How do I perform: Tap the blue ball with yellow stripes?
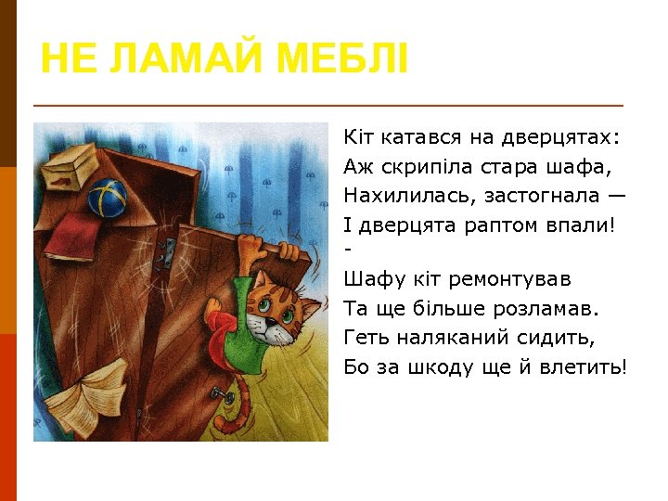[x=108, y=196]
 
